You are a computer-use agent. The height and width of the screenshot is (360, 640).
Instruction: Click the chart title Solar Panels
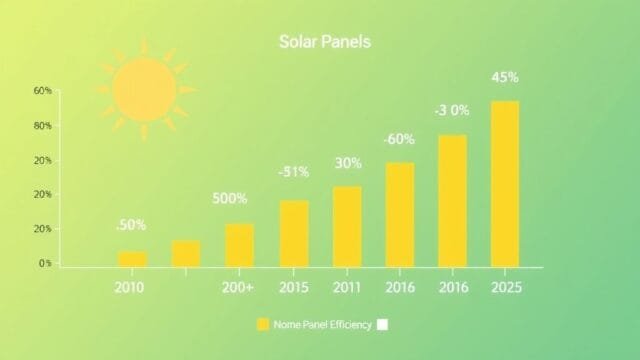click(x=323, y=43)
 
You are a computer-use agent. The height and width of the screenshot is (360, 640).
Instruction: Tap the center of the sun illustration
click(x=144, y=90)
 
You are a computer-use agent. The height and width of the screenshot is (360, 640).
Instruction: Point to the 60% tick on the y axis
click(x=43, y=91)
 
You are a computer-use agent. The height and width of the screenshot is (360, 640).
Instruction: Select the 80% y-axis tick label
click(x=43, y=126)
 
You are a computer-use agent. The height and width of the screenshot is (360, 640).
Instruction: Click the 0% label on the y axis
click(x=45, y=264)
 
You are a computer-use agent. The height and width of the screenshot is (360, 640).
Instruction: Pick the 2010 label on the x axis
click(x=129, y=288)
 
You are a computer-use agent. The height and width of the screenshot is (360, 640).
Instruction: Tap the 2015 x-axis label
click(x=294, y=288)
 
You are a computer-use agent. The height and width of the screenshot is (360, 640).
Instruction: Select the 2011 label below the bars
click(x=347, y=288)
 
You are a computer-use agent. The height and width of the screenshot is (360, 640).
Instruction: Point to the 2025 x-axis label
click(x=506, y=288)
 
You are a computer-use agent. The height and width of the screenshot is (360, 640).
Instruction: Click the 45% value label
click(x=505, y=77)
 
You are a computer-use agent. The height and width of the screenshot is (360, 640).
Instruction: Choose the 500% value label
click(x=230, y=198)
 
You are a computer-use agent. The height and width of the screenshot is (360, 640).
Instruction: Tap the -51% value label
click(x=294, y=172)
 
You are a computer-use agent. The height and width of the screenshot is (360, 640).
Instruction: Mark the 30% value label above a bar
click(x=348, y=163)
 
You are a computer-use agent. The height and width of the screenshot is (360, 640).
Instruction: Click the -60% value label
click(x=400, y=138)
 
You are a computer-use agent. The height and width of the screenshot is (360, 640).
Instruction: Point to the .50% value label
click(x=131, y=225)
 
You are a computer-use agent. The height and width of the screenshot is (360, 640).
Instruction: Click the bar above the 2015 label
click(x=294, y=233)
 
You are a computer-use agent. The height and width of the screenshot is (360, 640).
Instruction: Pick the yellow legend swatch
click(x=263, y=324)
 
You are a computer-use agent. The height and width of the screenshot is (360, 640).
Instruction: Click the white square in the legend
click(x=381, y=324)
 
